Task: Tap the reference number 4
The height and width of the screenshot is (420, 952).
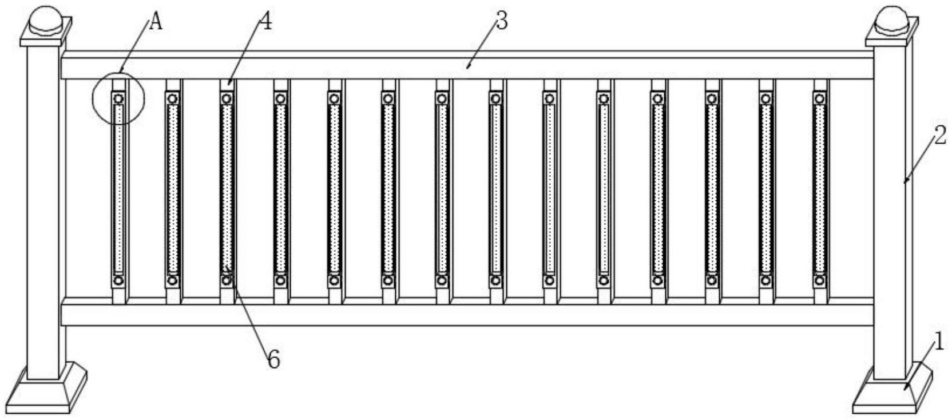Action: (x=265, y=21)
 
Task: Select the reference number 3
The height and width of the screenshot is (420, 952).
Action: (x=502, y=21)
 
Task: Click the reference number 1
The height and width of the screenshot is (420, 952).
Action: (x=938, y=342)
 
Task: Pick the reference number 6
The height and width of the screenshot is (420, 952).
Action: (x=274, y=360)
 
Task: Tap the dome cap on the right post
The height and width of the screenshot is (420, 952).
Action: (x=892, y=19)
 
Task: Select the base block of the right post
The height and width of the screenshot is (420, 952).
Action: (x=892, y=389)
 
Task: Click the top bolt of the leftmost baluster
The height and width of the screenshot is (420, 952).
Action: (x=119, y=99)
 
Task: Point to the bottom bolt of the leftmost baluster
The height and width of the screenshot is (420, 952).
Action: (x=119, y=280)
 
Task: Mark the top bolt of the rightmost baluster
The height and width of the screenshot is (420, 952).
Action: (x=819, y=99)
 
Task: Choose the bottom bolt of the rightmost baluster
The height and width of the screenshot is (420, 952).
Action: (x=819, y=280)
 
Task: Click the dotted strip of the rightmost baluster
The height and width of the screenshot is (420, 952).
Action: (x=819, y=189)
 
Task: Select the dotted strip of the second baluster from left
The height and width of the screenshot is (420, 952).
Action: (x=172, y=189)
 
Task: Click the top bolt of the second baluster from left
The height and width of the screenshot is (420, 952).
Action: (x=172, y=99)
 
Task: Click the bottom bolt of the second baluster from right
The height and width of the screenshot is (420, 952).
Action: (x=765, y=280)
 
